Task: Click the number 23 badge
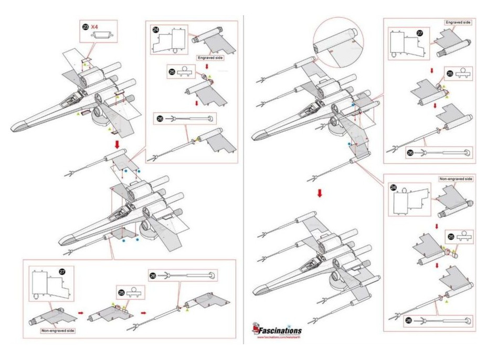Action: coord(86,26)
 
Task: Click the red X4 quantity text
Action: coord(97,26)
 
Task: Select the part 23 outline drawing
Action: coord(101,35)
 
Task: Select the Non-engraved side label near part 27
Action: coord(58,331)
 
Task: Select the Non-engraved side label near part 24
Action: coord(456,179)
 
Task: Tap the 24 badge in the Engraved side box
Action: coord(155,30)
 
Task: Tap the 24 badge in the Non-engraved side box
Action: coord(395,187)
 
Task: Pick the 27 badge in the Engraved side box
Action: coord(419,33)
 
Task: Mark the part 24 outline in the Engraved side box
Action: coord(169,39)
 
